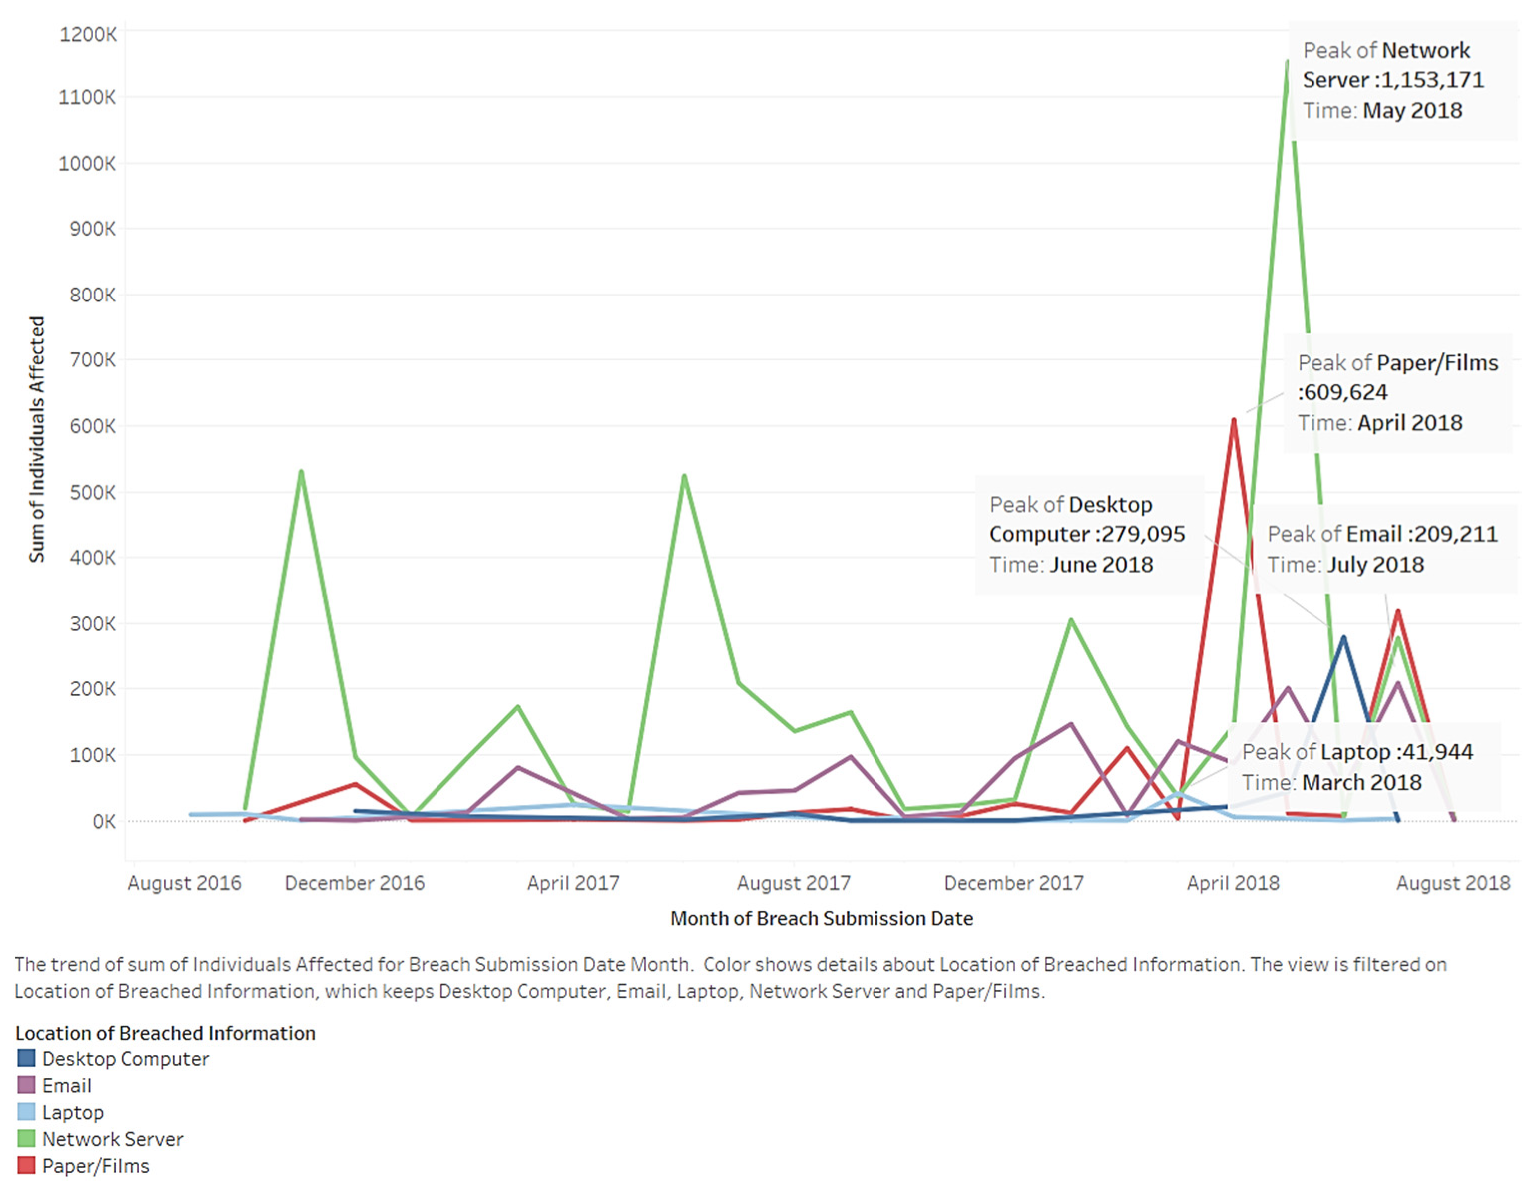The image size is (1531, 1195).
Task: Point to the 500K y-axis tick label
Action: (x=92, y=492)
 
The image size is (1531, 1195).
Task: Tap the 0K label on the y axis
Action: (x=104, y=821)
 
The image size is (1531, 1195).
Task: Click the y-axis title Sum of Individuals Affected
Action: (x=36, y=439)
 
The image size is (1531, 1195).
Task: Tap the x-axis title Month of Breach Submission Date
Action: (x=822, y=918)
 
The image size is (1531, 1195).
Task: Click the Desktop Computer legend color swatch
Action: (x=26, y=1058)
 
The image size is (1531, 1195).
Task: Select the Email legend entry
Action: (x=66, y=1086)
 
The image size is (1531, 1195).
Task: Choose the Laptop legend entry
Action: (x=73, y=1112)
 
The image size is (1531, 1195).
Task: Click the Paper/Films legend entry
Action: (x=95, y=1166)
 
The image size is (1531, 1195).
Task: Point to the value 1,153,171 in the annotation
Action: (x=1432, y=80)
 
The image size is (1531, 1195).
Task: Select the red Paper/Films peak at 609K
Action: (x=1233, y=420)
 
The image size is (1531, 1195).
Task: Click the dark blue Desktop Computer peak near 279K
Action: (x=1343, y=637)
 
